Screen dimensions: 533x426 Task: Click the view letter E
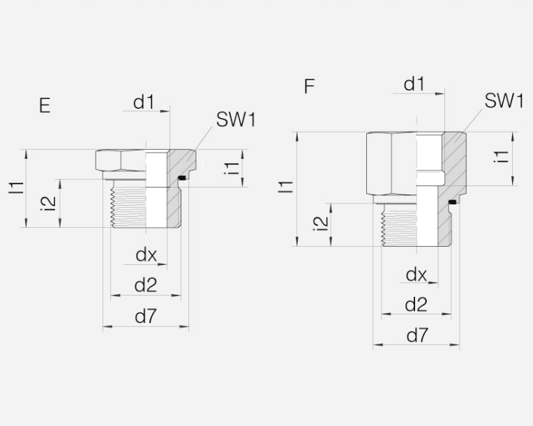45,106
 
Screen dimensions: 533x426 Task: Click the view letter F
309,86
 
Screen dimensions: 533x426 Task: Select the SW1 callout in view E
236,120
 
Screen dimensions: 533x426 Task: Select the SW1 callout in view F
504,101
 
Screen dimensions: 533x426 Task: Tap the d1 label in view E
144,102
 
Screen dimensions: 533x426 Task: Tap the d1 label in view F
414,84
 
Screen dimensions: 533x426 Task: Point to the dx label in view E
147,254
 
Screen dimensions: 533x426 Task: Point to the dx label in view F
416,275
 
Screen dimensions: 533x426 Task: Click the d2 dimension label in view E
146,285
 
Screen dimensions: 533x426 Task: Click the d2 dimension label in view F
416,305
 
